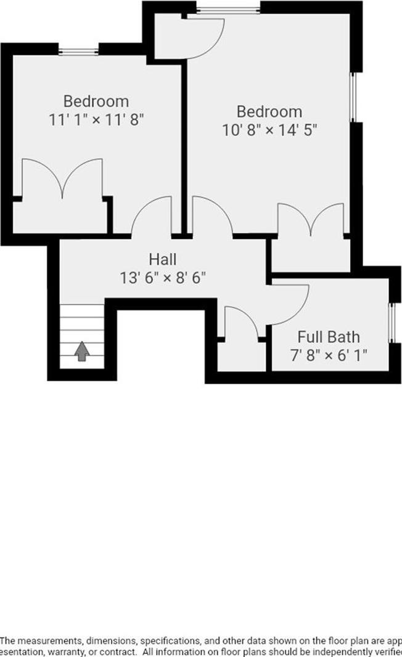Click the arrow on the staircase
[82, 351]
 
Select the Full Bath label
[329, 337]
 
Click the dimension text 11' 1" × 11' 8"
[96, 118]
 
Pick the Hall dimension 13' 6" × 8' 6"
[163, 277]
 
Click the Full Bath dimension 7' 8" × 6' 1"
[329, 355]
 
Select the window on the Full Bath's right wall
[391, 322]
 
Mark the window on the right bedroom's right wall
[354, 98]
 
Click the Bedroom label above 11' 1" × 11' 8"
[96, 101]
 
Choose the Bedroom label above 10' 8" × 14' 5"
[269, 112]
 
